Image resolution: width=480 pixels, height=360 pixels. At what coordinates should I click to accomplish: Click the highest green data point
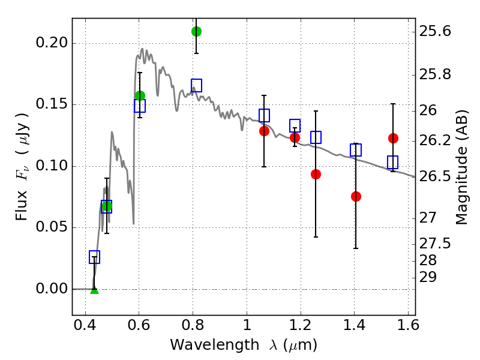pyautogui.click(x=196, y=31)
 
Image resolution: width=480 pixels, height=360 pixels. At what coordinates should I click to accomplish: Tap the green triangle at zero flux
pyautogui.click(x=94, y=290)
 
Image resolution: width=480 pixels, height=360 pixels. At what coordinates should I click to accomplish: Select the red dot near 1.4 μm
pyautogui.click(x=356, y=196)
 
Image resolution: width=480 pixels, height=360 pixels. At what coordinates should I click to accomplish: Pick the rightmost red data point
pyautogui.click(x=393, y=138)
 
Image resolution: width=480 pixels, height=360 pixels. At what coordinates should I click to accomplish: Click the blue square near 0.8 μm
pyautogui.click(x=196, y=85)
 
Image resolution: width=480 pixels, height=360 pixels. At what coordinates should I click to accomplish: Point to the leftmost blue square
pyautogui.click(x=94, y=257)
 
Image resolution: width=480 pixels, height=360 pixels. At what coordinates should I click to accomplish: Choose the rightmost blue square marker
pyautogui.click(x=393, y=162)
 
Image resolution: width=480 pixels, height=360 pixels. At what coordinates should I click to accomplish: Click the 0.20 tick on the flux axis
pyautogui.click(x=55, y=43)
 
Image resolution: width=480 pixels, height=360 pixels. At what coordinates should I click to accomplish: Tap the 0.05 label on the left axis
pyautogui.click(x=55, y=227)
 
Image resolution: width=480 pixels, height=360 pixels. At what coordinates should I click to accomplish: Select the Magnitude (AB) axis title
pyautogui.click(x=461, y=167)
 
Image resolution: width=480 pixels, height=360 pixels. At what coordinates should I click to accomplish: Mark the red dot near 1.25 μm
pyautogui.click(x=316, y=174)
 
